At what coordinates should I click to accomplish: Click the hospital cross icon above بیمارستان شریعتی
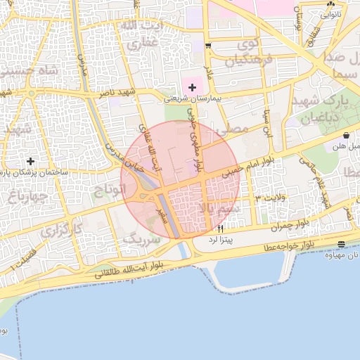192,86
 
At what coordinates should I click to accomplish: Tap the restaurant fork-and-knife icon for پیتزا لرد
221,229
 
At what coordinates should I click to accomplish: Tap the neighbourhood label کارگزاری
61,229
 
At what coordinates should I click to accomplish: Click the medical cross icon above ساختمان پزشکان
30,161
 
